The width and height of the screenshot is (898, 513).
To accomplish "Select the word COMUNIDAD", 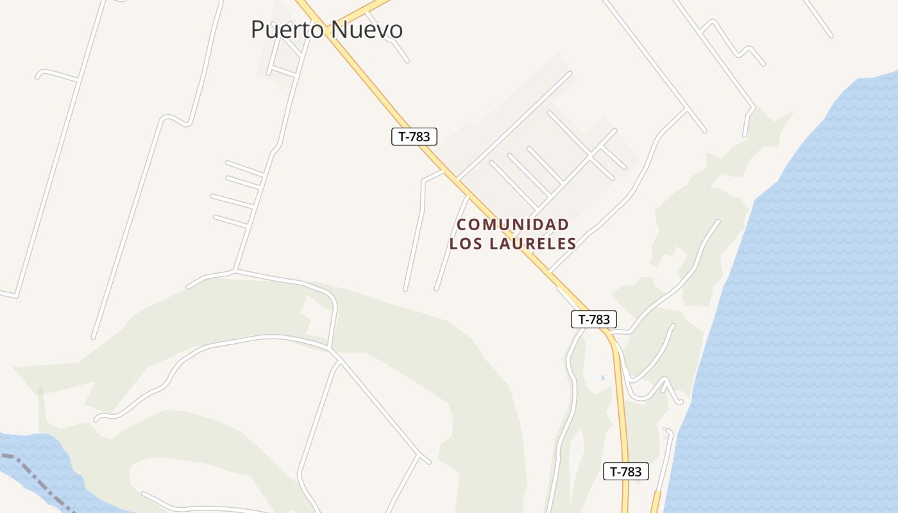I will pyautogui.click(x=513, y=224).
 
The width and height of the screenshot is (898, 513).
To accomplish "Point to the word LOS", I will pyautogui.click(x=466, y=244).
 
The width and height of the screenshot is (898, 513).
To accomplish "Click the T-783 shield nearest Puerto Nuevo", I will pyautogui.click(x=414, y=137).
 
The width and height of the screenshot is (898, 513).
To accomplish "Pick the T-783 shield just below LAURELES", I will pyautogui.click(x=594, y=319).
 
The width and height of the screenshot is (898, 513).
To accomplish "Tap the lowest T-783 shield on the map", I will pyautogui.click(x=626, y=472).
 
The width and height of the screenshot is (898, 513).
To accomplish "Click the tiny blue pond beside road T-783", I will pyautogui.click(x=603, y=378).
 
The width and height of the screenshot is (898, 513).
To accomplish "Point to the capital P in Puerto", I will pyautogui.click(x=257, y=30).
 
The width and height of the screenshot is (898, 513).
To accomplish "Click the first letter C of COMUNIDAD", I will pyautogui.click(x=462, y=224).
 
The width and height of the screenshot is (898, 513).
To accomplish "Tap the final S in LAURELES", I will pyautogui.click(x=572, y=244).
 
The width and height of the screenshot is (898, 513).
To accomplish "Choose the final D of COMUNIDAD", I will pyautogui.click(x=563, y=224).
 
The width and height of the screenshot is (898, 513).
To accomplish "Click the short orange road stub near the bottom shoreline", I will pyautogui.click(x=655, y=501).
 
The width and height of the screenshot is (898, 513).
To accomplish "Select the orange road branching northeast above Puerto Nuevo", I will pyautogui.click(x=366, y=9).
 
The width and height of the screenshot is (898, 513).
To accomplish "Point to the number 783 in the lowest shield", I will pyautogui.click(x=632, y=472).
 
